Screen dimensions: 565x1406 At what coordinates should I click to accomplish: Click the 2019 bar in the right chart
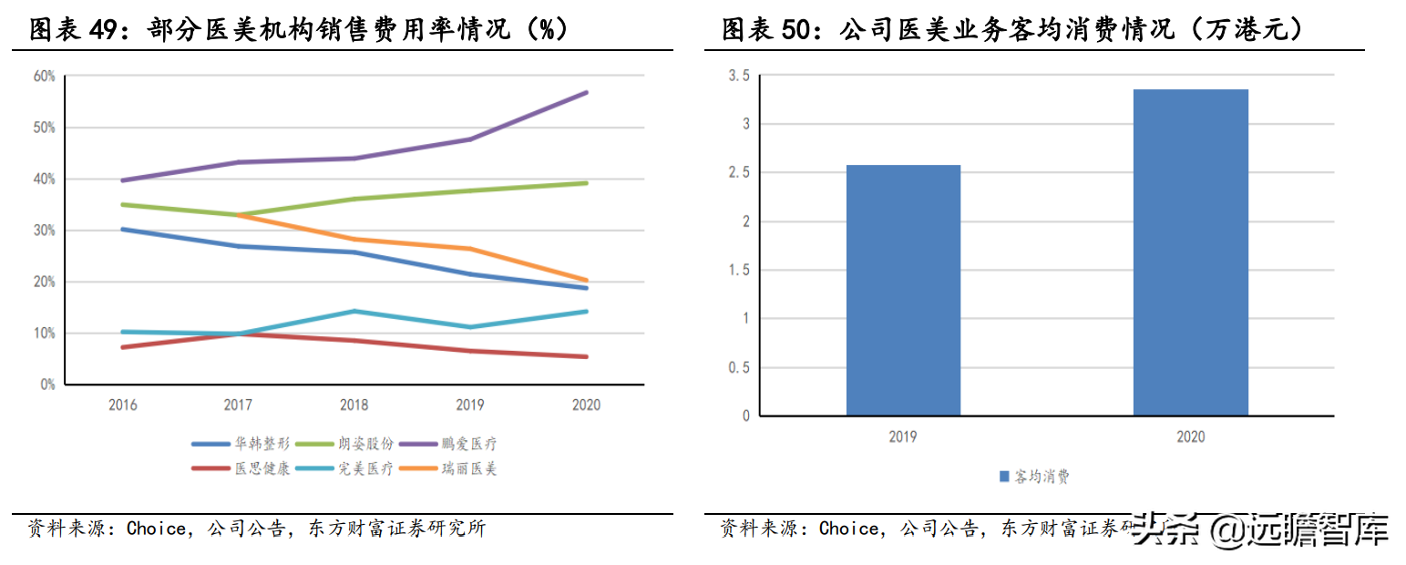[x=902, y=290]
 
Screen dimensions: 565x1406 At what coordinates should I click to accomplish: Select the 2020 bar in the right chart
[x=1190, y=252]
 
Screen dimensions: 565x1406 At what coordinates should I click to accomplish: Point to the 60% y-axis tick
[x=45, y=76]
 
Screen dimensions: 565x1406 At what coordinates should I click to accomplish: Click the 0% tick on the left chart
[x=47, y=385]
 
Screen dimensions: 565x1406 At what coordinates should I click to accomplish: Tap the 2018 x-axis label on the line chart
[x=354, y=405]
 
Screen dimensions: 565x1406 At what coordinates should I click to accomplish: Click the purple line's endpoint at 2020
[x=586, y=92]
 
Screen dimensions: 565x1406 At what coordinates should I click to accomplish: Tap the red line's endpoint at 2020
[x=586, y=356]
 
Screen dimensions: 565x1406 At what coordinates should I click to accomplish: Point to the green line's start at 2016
[x=122, y=204]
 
